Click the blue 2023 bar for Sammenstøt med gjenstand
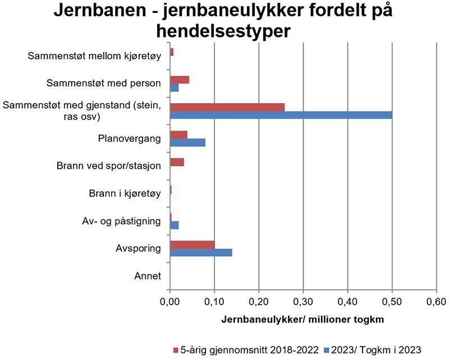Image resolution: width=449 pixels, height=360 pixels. (281, 116)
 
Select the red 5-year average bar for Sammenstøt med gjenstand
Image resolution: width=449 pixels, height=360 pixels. (227, 107)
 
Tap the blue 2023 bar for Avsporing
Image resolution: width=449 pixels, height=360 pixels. (201, 252)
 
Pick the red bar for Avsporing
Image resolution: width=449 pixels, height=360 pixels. (192, 244)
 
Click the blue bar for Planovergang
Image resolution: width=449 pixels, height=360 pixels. (187, 142)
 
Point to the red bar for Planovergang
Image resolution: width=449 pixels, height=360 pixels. (178, 135)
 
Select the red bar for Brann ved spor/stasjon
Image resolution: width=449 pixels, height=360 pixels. (177, 163)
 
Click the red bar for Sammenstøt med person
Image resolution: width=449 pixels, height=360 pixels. (180, 80)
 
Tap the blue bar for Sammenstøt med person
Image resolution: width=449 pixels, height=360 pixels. (174, 87)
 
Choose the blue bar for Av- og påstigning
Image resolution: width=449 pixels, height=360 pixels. (174, 225)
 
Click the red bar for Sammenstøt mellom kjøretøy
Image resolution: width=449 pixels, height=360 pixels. (172, 52)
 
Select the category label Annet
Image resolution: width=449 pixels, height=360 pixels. (148, 276)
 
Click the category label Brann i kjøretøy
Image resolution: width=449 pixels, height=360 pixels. (125, 194)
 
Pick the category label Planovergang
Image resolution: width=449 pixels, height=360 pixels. (130, 139)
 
